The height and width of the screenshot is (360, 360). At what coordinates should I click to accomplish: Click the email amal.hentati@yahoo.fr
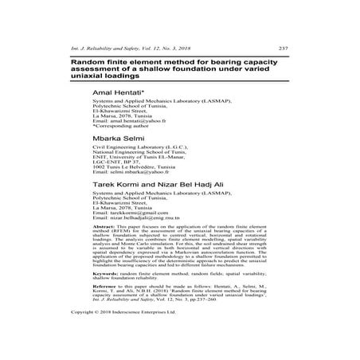[137, 121]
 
